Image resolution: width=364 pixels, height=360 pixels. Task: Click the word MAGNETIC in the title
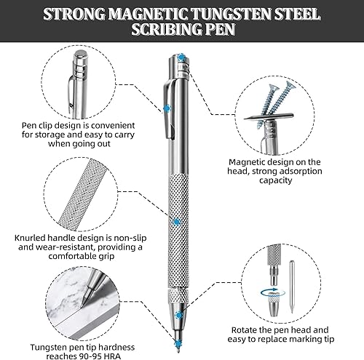147,14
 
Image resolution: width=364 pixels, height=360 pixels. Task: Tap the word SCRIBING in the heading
165,29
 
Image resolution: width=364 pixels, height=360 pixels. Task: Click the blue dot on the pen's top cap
181,58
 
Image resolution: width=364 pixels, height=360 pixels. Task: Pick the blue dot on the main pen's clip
167,108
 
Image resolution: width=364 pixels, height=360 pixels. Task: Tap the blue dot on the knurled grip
176,222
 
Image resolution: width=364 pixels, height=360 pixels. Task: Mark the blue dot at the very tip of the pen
178,343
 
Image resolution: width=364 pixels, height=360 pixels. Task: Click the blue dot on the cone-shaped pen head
179,315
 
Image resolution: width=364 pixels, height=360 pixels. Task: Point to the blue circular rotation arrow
273,292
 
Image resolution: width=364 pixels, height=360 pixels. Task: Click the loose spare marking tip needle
292,287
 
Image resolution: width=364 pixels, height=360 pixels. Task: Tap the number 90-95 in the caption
90,356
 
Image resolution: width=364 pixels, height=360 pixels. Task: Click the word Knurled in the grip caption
30,238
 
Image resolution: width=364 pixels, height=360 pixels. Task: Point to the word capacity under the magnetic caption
275,180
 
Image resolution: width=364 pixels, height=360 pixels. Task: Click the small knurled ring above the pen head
178,295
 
